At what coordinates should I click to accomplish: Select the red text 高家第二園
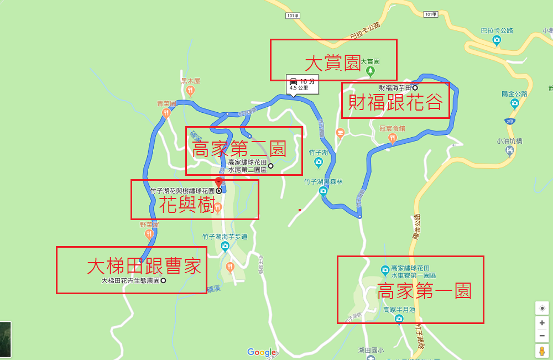click(x=238, y=149)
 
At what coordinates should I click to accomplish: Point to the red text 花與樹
click(x=186, y=205)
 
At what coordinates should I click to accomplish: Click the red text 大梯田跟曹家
click(x=144, y=267)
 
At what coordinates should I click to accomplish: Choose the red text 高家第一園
click(x=424, y=291)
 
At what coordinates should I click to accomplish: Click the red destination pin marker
click(x=218, y=182)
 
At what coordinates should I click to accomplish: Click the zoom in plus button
click(x=542, y=322)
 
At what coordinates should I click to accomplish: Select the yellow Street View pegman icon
click(x=542, y=351)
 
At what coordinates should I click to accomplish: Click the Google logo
click(x=261, y=352)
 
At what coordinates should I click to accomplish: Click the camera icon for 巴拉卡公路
click(x=497, y=40)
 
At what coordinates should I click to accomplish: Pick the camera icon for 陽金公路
click(x=514, y=103)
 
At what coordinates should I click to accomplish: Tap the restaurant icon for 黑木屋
click(x=190, y=90)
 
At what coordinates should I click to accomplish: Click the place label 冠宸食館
click(x=392, y=128)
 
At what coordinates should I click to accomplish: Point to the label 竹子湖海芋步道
click(x=224, y=237)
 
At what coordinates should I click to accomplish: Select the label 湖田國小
click(x=370, y=350)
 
